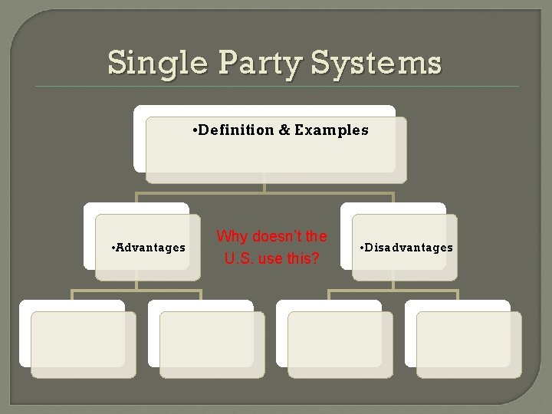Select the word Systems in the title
click(376, 63)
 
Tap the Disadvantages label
click(410, 248)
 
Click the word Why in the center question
click(231, 236)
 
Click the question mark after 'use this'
click(316, 258)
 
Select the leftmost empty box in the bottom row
click(83, 344)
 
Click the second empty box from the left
click(212, 344)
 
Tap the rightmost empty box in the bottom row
click(468, 344)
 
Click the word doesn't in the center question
click(272, 236)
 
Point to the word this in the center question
click(300, 258)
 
